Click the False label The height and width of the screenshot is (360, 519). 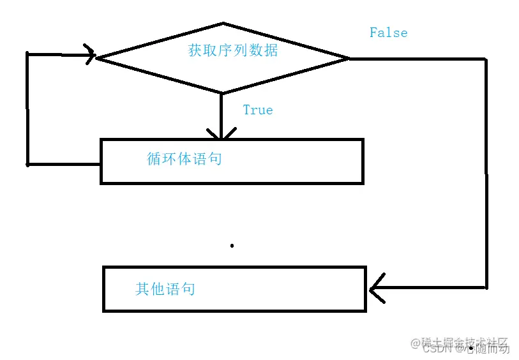[x=388, y=33]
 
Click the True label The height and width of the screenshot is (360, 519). [x=258, y=110]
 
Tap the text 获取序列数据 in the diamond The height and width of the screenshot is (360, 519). [x=233, y=50]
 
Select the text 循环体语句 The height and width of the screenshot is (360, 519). [x=184, y=158]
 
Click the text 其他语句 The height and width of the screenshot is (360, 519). [x=165, y=289]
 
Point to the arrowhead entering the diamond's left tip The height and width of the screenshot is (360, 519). [x=90, y=54]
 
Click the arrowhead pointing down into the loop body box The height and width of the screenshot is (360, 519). [x=221, y=135]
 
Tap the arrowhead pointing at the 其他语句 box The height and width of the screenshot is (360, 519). [x=375, y=288]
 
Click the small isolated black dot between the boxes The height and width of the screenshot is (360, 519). [x=232, y=245]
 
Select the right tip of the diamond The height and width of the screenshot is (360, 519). [x=349, y=58]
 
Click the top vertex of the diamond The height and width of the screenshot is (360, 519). [x=223, y=24]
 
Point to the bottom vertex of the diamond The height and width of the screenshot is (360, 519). [x=222, y=93]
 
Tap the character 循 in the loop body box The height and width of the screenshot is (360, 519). [x=154, y=158]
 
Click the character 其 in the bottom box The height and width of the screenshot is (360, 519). [x=142, y=289]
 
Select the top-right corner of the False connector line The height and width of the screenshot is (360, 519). [x=486, y=59]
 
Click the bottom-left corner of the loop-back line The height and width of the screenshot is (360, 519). [x=27, y=164]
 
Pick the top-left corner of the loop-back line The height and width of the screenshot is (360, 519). [x=27, y=54]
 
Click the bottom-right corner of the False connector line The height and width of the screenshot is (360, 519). [x=486, y=287]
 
